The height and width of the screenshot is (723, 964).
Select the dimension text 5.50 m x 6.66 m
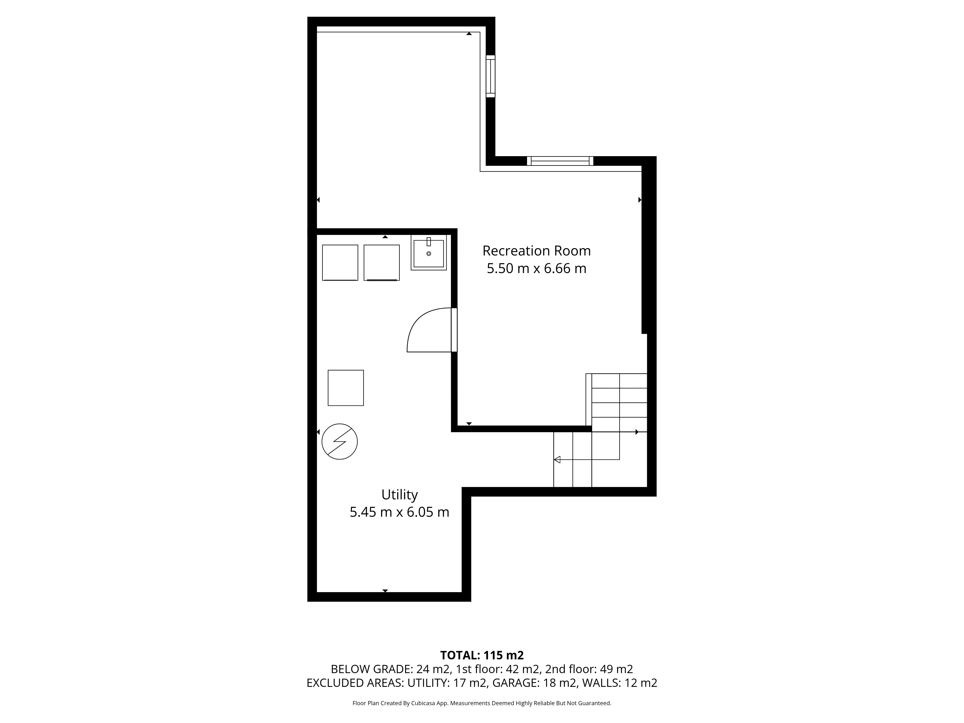[x=536, y=268]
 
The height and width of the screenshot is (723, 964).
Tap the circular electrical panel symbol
[x=340, y=442]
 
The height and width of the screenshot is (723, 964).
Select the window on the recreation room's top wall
[x=560, y=161]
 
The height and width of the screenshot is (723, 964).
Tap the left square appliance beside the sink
[x=340, y=262]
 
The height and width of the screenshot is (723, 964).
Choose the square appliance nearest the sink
[x=382, y=262]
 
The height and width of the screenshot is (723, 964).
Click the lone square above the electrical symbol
[x=346, y=388]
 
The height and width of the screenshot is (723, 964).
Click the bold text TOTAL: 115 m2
[x=482, y=656]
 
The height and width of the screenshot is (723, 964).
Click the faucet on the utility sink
[x=428, y=241]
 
